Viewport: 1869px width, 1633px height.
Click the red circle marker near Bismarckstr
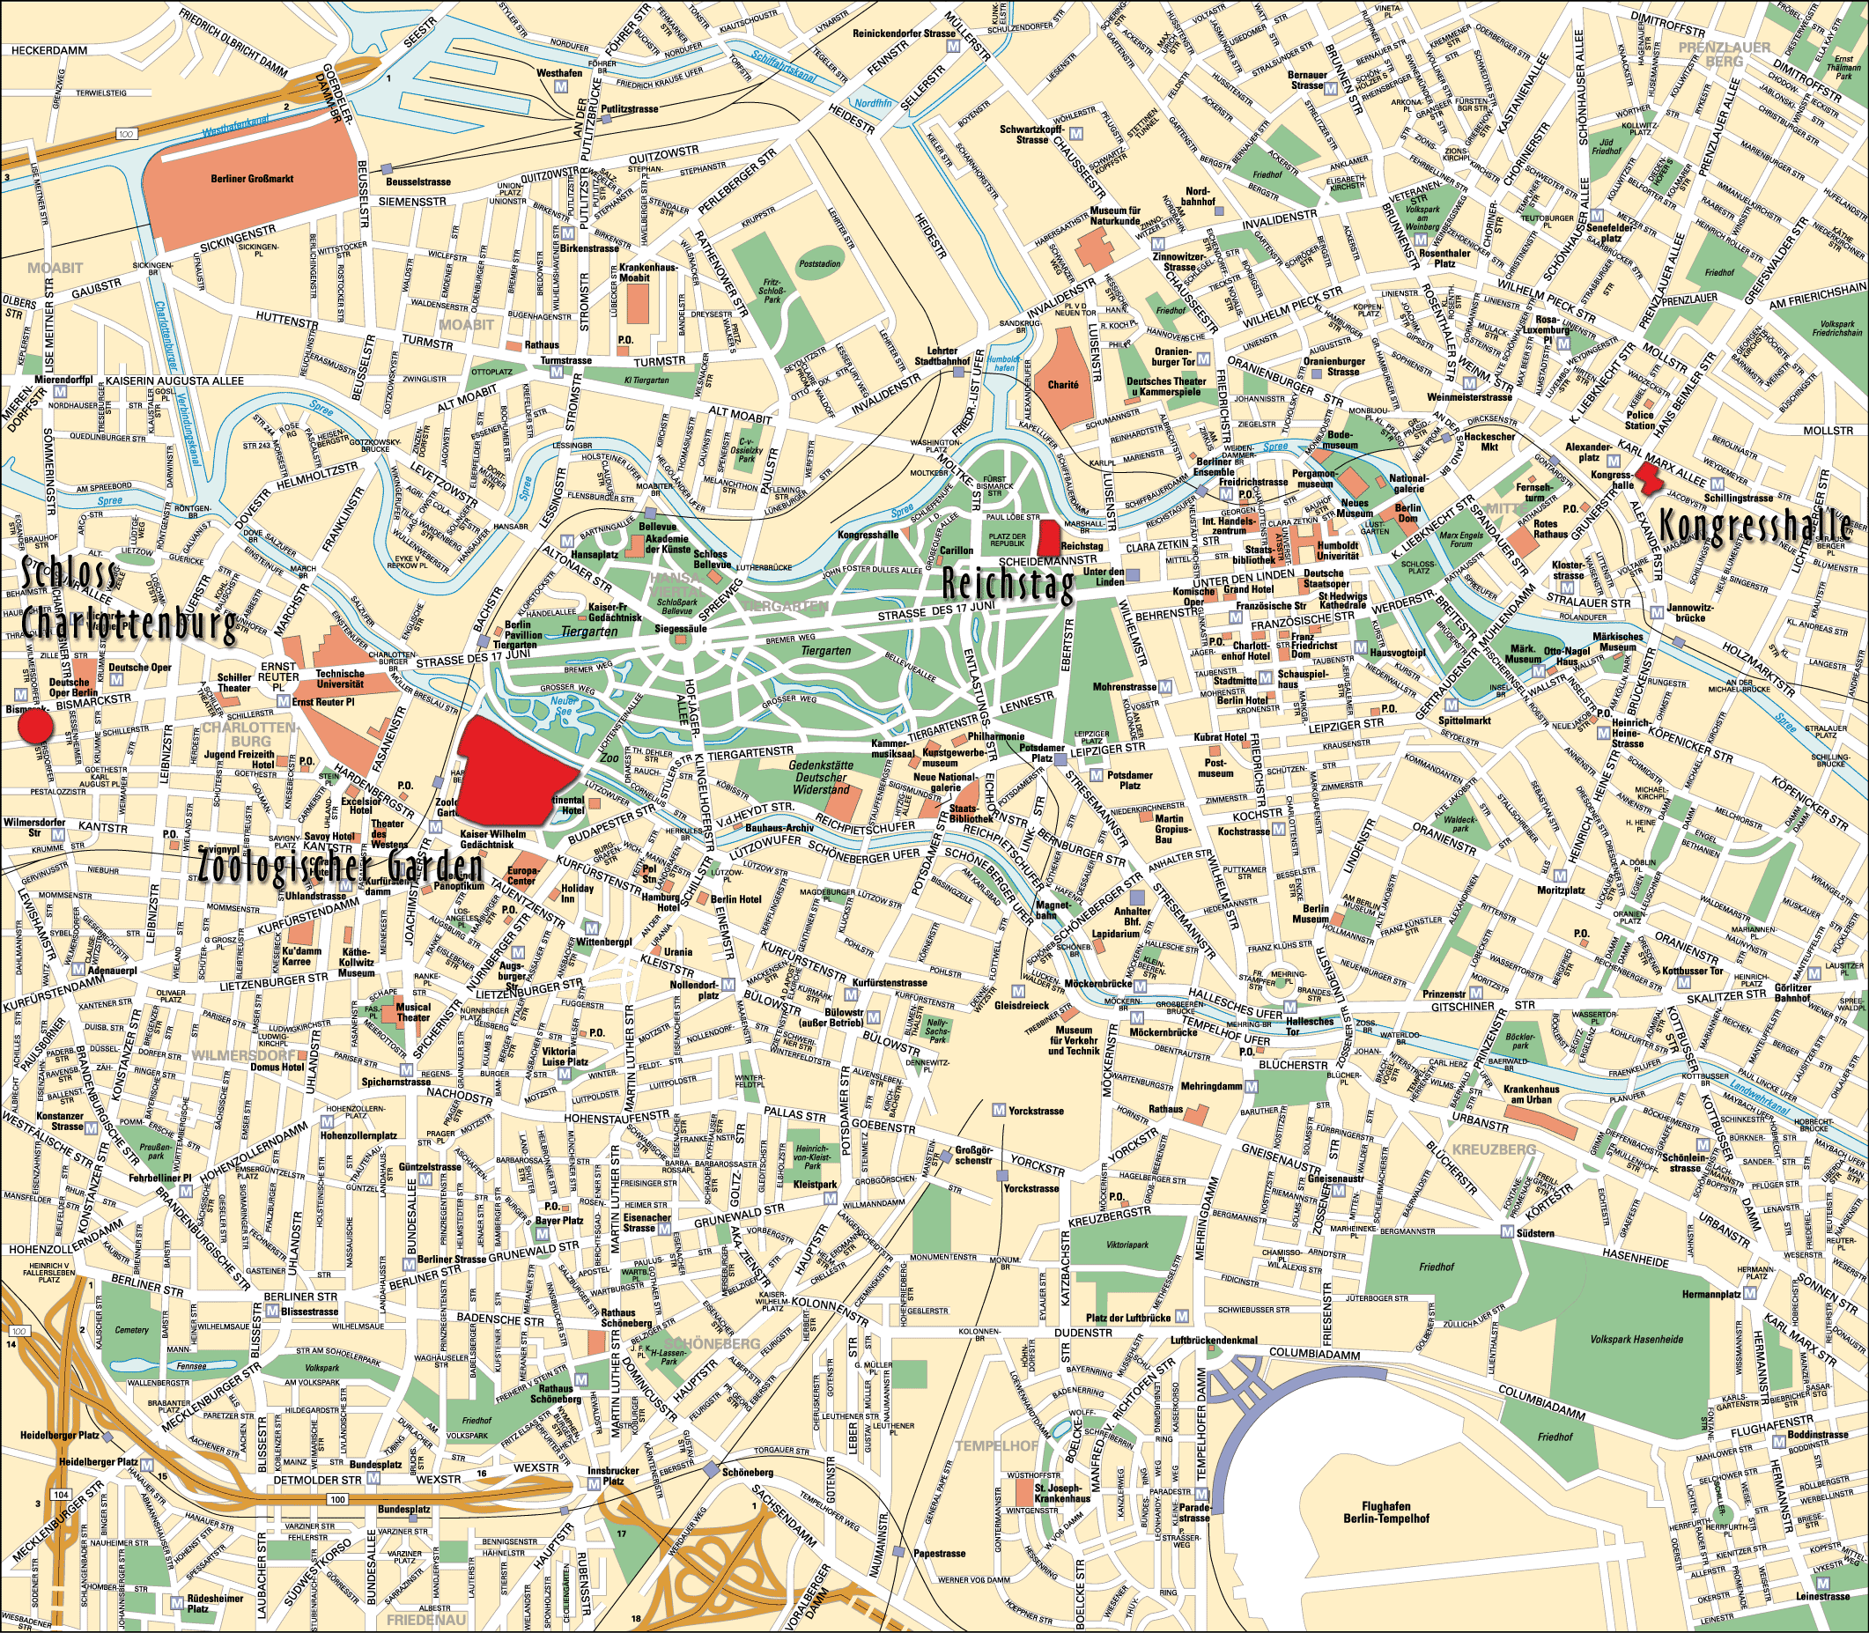pos(36,727)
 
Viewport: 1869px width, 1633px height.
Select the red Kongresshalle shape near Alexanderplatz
pos(1649,477)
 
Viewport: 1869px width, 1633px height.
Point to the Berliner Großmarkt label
pos(252,180)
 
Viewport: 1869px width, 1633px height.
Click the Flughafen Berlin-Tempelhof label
pos(1386,1511)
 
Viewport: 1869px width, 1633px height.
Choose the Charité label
pos(1062,385)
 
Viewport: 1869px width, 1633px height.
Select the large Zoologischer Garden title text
pos(340,867)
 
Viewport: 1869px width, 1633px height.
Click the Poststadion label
pos(819,264)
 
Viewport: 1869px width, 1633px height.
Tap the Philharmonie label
pos(996,736)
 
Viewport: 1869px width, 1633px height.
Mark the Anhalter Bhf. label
pos(1133,916)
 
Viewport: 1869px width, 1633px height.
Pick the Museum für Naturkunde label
pos(1114,215)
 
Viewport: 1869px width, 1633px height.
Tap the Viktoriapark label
pos(1127,1245)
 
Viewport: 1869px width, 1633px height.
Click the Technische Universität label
pos(340,679)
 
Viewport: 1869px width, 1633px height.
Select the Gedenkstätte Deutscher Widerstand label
pos(820,778)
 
